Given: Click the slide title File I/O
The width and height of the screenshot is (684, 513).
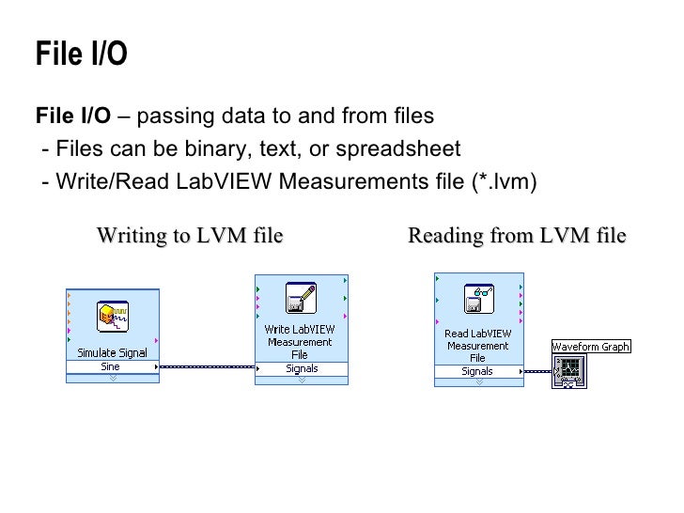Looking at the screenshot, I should coord(81,54).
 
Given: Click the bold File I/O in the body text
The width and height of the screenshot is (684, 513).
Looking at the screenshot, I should coord(72,117).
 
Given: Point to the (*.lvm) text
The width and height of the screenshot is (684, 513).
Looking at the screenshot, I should coord(503,180).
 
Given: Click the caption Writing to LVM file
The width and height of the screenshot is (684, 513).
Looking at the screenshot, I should coord(190,235).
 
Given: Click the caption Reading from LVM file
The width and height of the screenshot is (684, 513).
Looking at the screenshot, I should coord(517,235).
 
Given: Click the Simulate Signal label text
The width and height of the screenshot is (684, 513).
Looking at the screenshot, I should coord(112,352).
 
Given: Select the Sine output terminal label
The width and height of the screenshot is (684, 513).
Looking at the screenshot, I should coord(111,366).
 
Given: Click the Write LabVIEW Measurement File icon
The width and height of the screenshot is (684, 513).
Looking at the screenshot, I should coord(301,298).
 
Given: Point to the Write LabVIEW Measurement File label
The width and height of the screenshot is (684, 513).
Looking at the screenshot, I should coord(300,342).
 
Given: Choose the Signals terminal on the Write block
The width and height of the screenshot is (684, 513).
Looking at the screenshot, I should coord(302,368).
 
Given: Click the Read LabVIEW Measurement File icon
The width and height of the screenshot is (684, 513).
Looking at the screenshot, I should coord(478,298).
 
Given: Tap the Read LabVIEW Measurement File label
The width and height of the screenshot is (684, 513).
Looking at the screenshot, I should coord(477,345).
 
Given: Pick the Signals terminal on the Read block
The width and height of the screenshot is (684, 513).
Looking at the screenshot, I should coord(477,371).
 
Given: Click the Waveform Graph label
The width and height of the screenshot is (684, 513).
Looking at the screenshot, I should coord(591,347).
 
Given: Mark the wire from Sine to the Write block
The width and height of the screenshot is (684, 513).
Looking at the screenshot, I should coord(207,367).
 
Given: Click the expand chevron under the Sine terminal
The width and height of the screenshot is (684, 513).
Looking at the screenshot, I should coord(112,378).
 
